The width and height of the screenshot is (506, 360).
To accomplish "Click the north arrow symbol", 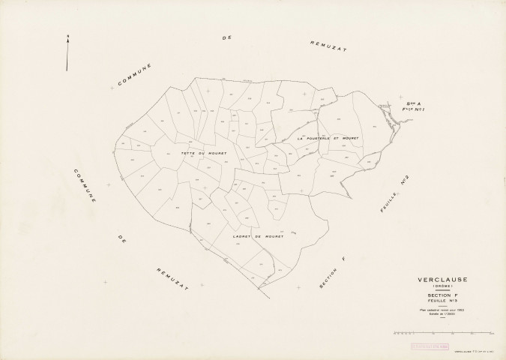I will click(67, 52).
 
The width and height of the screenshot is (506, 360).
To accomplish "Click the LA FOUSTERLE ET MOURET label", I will click(328, 139).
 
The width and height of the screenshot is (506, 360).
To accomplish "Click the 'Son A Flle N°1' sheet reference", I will click(415, 107).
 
